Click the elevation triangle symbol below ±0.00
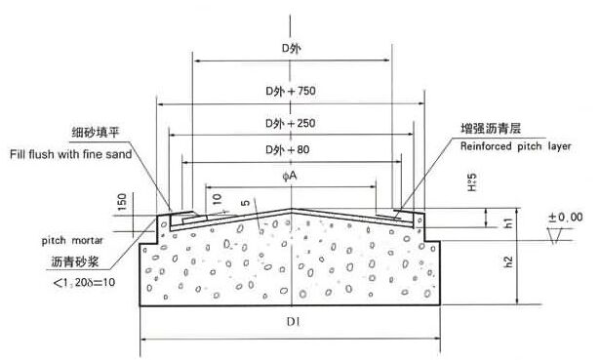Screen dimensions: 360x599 557,236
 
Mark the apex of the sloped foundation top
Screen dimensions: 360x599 292,208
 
